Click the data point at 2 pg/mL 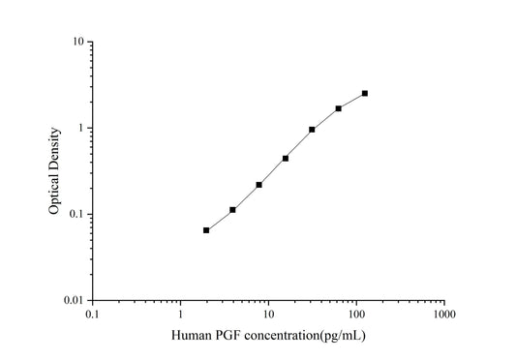[206, 230]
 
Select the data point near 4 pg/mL [233, 210]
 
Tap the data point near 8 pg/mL [259, 185]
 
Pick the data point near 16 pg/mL [286, 158]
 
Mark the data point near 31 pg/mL [312, 129]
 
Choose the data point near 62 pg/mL [339, 108]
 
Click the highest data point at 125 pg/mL [365, 93]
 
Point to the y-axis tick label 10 [76, 43]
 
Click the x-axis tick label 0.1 [92, 315]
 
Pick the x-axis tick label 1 [180, 315]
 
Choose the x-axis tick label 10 [268, 315]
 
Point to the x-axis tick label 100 [356, 315]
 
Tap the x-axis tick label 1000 [444, 315]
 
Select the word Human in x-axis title [191, 336]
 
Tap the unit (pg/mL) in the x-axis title [339, 336]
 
